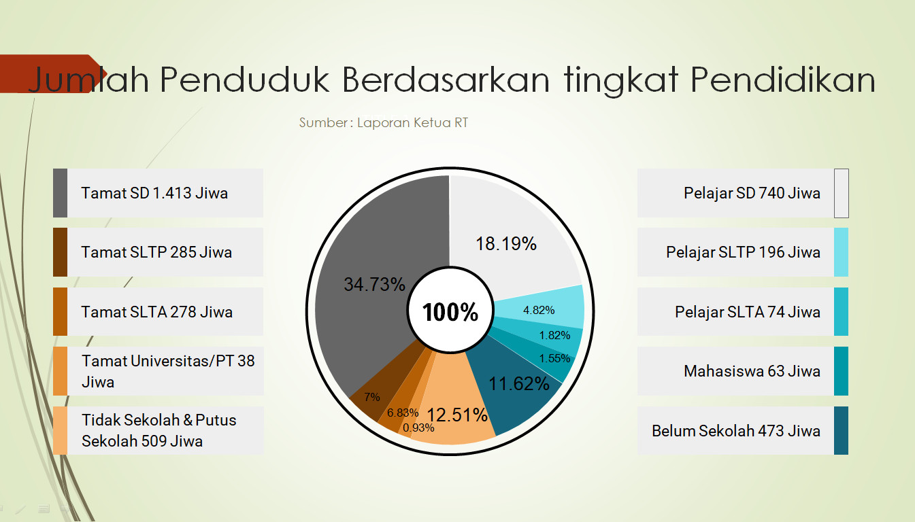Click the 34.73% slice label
[374, 284]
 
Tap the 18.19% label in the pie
[506, 243]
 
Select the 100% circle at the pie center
[450, 312]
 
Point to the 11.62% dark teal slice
[519, 383]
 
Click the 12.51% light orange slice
[457, 415]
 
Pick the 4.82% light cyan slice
[539, 310]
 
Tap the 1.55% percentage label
[554, 358]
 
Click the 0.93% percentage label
[418, 428]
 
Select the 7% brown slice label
[371, 397]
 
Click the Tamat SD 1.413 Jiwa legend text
[154, 193]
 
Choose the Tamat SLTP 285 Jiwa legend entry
[156, 252]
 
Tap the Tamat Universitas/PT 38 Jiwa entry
[167, 371]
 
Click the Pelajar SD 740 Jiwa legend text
[752, 193]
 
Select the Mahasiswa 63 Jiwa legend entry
[752, 371]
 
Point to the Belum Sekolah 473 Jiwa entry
[735, 431]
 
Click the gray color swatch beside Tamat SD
[60, 193]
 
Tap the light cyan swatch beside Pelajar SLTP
[841, 252]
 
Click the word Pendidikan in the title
[782, 80]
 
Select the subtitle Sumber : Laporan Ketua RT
[384, 123]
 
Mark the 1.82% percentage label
[554, 335]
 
